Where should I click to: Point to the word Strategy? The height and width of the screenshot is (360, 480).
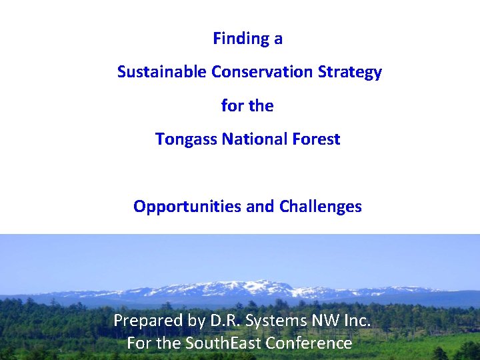tap(353, 72)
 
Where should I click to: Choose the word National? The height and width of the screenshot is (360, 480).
tap(255, 139)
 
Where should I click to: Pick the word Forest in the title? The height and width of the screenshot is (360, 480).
tap(316, 139)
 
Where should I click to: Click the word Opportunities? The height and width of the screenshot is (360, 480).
tap(187, 207)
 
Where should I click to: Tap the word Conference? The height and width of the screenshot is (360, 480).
tap(309, 343)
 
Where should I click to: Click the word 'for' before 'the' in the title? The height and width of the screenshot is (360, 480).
tap(232, 106)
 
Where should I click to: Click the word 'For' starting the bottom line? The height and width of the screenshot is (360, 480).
tap(139, 343)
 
